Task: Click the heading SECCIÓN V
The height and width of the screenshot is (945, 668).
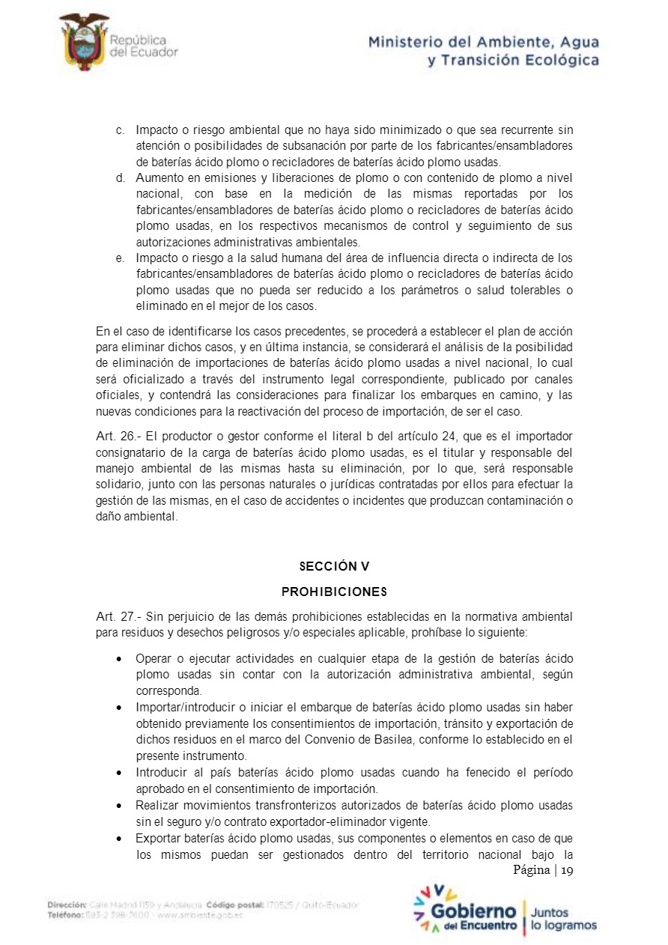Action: [334, 566]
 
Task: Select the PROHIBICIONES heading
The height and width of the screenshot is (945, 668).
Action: [334, 592]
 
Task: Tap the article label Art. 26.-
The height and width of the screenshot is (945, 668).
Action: [118, 436]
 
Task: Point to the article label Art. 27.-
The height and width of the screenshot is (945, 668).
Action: [118, 617]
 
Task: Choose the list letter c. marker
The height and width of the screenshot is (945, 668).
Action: [120, 130]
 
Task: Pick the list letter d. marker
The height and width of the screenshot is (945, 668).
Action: [120, 177]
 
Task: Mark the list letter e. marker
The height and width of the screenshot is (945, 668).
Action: [120, 258]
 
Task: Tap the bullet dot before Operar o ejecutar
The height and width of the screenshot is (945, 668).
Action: [121, 659]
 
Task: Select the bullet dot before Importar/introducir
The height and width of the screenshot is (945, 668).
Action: [121, 708]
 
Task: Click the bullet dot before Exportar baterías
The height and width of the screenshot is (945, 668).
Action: [121, 838]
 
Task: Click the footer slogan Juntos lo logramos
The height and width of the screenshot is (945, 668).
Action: [564, 919]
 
